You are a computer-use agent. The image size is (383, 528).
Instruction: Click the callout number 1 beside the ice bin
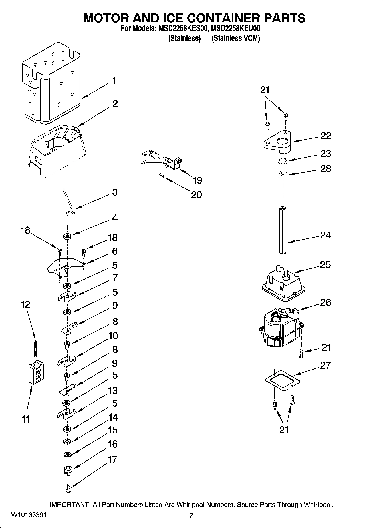(114, 81)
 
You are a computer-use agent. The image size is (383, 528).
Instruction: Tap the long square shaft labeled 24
(283, 230)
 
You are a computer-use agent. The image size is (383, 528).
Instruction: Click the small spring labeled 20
(162, 176)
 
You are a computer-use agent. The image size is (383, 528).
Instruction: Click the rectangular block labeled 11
(36, 373)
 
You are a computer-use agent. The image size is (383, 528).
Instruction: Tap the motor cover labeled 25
(283, 284)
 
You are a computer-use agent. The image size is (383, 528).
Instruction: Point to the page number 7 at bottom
(191, 516)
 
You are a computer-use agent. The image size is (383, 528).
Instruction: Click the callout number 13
(113, 390)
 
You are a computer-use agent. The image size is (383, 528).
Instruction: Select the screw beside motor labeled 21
(301, 353)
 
